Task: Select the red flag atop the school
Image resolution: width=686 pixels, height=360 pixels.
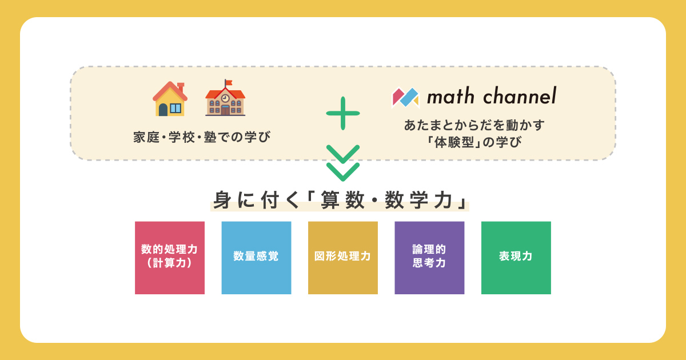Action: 229,83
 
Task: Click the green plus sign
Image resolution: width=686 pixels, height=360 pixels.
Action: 343,113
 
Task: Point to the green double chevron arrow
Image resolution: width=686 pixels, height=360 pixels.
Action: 343,163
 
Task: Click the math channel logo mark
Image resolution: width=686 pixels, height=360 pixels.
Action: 405,98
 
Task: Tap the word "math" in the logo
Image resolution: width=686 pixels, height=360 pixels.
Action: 451,96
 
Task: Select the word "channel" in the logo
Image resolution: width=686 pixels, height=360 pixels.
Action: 520,95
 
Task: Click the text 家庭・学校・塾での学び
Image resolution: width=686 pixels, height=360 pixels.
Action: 202,137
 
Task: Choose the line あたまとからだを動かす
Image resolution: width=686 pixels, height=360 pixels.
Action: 474,125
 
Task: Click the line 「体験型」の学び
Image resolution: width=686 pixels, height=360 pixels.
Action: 474,142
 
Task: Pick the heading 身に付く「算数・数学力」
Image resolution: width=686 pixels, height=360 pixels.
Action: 340,200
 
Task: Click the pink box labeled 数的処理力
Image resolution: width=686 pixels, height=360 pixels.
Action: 170,258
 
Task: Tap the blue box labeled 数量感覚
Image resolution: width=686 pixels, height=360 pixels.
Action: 256,258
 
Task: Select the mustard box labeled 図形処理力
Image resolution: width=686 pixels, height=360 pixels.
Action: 343,258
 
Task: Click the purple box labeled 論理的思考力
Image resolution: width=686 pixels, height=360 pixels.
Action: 429,258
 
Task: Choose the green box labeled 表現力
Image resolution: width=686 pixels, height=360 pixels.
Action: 516,258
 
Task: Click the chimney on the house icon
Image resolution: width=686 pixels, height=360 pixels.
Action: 181,87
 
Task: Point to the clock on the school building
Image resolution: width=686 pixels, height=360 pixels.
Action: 225,98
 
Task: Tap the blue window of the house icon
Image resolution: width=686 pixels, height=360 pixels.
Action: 176,108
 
